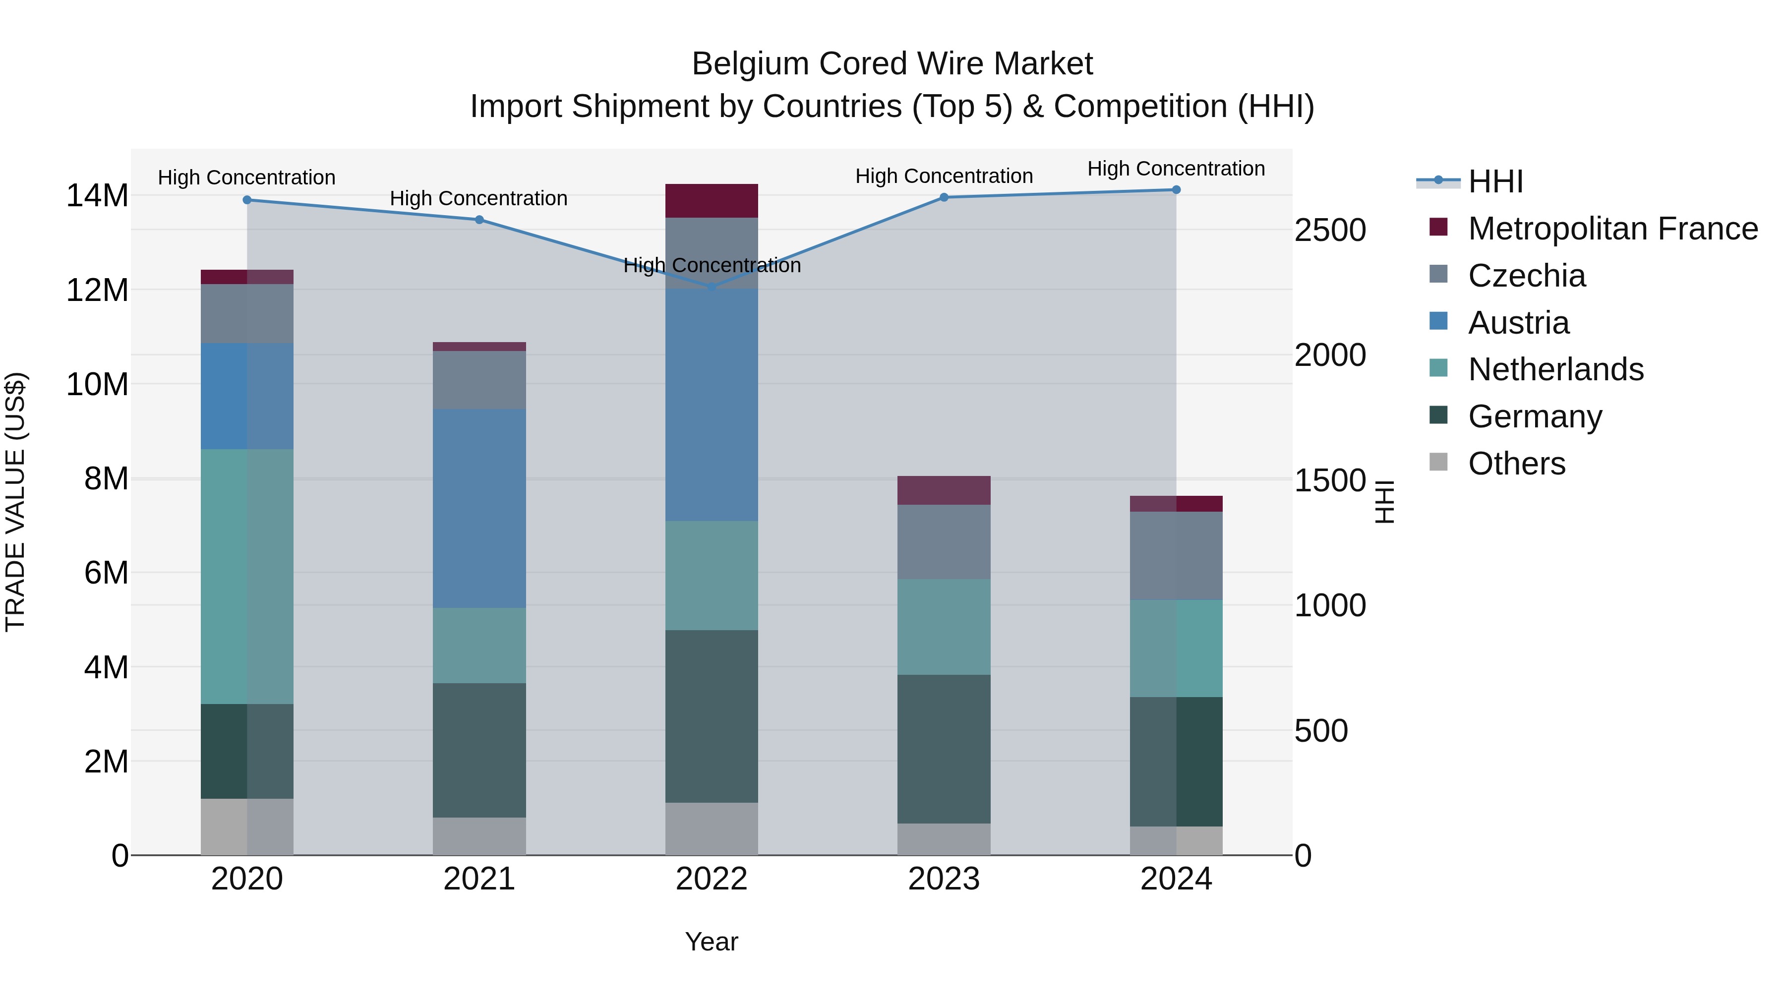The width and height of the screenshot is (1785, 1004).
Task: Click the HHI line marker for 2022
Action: (712, 286)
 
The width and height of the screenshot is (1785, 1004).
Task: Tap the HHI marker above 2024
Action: (1176, 190)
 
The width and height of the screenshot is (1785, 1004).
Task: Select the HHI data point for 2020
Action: (247, 200)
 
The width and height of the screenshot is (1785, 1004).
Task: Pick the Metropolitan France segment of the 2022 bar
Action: (712, 201)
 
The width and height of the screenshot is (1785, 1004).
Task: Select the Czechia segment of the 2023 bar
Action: (944, 542)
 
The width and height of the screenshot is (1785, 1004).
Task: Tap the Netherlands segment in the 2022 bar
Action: (712, 575)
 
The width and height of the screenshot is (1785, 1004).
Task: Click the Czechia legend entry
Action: (1527, 276)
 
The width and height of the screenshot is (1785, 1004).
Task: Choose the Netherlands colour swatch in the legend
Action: (1438, 368)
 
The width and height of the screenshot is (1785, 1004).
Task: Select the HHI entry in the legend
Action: (1495, 181)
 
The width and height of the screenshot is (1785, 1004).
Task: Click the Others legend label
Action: (1516, 464)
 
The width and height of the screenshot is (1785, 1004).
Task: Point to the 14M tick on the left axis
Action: (97, 196)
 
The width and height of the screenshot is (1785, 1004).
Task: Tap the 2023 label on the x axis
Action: (944, 879)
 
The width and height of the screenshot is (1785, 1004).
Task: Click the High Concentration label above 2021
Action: (479, 199)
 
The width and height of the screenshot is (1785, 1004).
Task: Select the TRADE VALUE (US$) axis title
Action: (15, 502)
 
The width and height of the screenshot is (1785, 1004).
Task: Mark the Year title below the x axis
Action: (712, 942)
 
